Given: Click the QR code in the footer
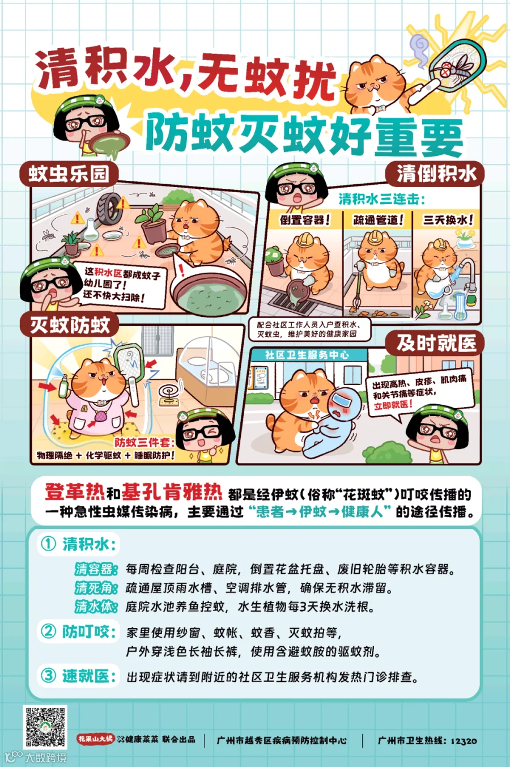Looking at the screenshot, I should click(x=45, y=726).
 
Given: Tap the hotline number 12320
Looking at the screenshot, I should click(x=464, y=740).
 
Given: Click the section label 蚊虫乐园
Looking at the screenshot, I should click(x=69, y=173).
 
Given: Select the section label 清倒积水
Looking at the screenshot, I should click(x=436, y=173).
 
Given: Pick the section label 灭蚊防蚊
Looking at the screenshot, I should click(x=70, y=325).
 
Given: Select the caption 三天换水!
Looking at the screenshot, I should click(x=448, y=220).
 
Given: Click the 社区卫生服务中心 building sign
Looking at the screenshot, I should click(x=307, y=355).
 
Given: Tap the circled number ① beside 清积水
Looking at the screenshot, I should click(x=48, y=544).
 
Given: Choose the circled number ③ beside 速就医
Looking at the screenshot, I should click(x=48, y=676).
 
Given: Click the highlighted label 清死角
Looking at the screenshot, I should click(x=96, y=587).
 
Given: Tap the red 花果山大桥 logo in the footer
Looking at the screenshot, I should click(x=96, y=739).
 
